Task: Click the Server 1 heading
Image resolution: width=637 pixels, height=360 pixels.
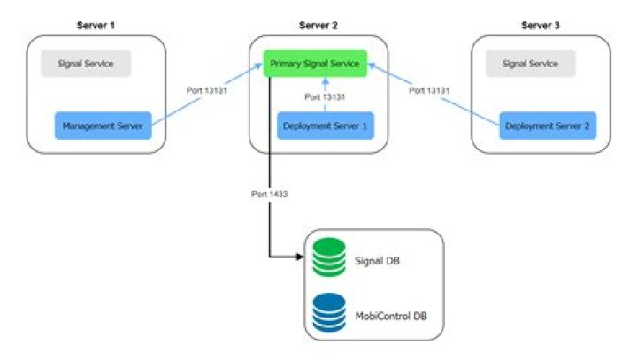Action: [96, 25]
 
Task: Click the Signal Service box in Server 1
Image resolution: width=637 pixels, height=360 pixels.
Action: [85, 64]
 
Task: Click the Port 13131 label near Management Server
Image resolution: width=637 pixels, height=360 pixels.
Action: [203, 91]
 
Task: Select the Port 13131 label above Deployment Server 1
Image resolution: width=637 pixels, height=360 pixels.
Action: [324, 97]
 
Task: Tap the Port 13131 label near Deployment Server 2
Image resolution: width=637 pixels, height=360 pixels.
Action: [428, 91]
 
